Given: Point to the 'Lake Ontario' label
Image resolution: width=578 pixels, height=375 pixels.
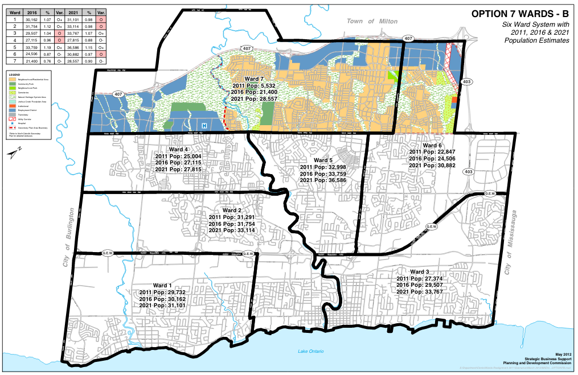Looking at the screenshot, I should (311, 351).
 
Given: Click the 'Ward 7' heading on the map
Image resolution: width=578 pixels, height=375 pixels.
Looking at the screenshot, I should (255, 79).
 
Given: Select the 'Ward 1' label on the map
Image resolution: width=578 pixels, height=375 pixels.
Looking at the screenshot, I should (162, 285).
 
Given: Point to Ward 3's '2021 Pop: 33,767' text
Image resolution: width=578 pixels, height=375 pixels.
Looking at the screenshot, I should (419, 291).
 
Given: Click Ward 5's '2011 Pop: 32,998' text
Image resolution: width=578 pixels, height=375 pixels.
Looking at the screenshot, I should (323, 167).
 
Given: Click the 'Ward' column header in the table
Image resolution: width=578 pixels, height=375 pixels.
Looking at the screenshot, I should (14, 12).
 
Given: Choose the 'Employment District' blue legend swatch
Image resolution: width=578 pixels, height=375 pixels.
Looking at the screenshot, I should (12, 109).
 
